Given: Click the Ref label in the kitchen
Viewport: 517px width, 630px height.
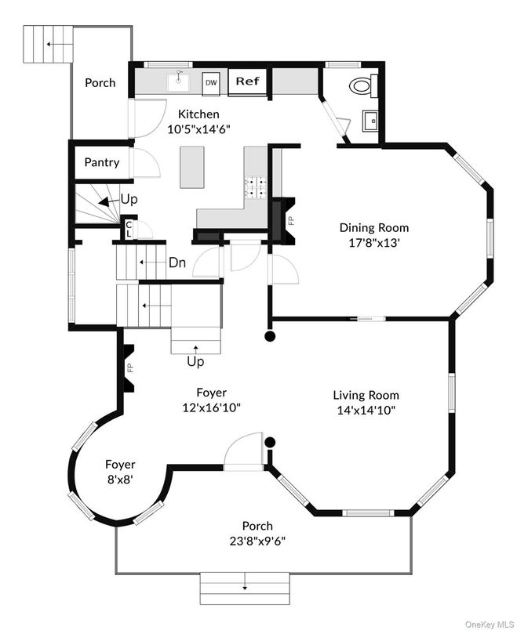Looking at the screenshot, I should [248, 81].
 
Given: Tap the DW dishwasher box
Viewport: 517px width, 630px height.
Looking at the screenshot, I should [211, 81].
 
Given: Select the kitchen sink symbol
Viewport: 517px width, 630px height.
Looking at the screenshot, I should [180, 79].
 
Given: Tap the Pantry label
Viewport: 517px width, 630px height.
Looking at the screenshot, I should [102, 163].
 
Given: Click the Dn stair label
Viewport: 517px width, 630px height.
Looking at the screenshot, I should [177, 263].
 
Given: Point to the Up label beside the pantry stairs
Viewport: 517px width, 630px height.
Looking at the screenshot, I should [129, 200].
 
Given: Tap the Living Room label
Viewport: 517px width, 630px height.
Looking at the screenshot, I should [366, 395].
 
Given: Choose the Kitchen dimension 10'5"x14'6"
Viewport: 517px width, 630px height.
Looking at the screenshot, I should [198, 129].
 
